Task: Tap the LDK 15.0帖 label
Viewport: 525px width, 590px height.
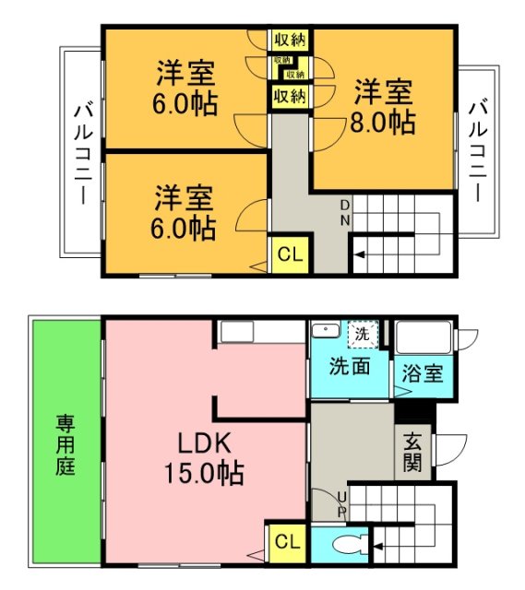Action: [x=204, y=458]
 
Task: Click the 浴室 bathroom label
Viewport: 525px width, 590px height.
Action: [x=424, y=374]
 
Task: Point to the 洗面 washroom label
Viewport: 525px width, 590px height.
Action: [x=351, y=366]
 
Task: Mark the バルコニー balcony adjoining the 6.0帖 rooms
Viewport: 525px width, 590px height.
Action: [x=81, y=151]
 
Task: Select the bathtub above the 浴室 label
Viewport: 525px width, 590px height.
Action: [x=423, y=336]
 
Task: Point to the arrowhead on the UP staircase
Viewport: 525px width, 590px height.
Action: [x=377, y=549]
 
